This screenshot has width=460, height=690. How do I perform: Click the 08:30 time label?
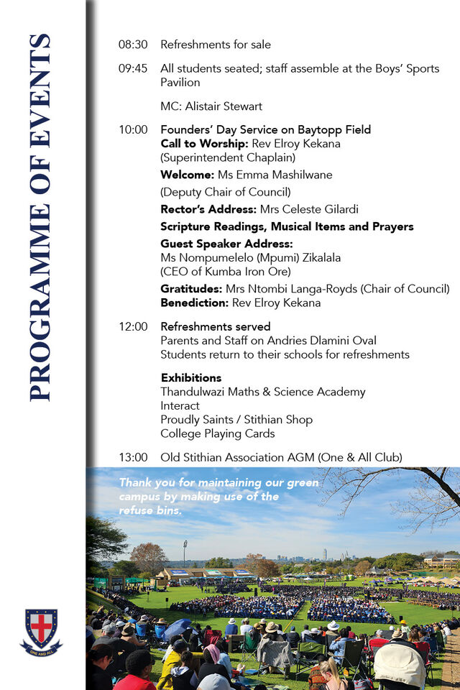(x=133, y=45)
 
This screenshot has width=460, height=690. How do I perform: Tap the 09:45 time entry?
(x=133, y=69)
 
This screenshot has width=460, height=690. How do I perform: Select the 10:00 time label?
(x=133, y=130)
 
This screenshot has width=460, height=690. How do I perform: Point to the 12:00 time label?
(x=133, y=327)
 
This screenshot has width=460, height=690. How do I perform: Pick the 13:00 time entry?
(x=133, y=457)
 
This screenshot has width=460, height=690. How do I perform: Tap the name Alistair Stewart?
(x=224, y=106)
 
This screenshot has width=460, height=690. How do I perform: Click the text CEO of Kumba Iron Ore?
(x=225, y=272)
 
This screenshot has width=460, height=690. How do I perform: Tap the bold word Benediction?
(x=194, y=303)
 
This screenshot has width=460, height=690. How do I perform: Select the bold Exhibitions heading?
(x=191, y=378)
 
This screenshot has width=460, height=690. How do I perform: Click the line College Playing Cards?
(x=218, y=433)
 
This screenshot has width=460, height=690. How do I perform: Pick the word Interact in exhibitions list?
(x=180, y=405)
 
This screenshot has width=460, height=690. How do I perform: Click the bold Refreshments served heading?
(x=216, y=327)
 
